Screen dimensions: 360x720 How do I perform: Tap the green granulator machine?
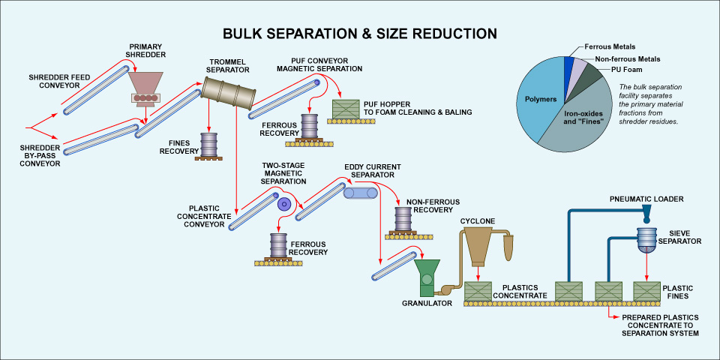427,277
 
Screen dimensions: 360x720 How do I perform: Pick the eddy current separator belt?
360,193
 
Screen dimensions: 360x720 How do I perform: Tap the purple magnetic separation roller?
283,203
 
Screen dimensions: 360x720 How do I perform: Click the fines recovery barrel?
208,144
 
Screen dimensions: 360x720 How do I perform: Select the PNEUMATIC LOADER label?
646,199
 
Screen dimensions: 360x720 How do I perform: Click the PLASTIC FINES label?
679,292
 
